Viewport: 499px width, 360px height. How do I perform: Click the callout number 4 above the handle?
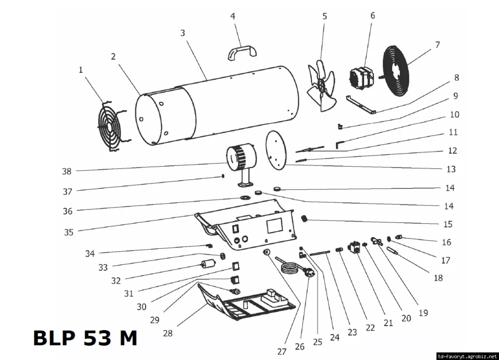pyautogui.click(x=233, y=16)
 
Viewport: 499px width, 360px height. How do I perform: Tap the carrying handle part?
pyautogui.click(x=242, y=50)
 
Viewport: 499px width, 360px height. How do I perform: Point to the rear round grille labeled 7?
pyautogui.click(x=396, y=71)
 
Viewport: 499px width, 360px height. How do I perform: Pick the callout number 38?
pyautogui.click(x=66, y=172)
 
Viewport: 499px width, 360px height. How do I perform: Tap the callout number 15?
pyautogui.click(x=448, y=224)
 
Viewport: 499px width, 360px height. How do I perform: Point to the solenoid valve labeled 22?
pyautogui.click(x=354, y=247)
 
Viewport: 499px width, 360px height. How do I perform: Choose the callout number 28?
pyautogui.click(x=168, y=333)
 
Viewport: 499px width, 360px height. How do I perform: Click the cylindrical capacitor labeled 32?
pyautogui.click(x=208, y=264)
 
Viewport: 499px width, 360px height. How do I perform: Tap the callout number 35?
pyautogui.click(x=68, y=232)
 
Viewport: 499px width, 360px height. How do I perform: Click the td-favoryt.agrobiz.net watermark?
pyautogui.click(x=467, y=356)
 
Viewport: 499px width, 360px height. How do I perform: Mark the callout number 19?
pyautogui.click(x=423, y=313)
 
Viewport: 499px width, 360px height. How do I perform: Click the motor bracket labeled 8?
pyautogui.click(x=361, y=105)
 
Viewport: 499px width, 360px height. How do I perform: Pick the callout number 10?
pyautogui.click(x=455, y=115)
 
